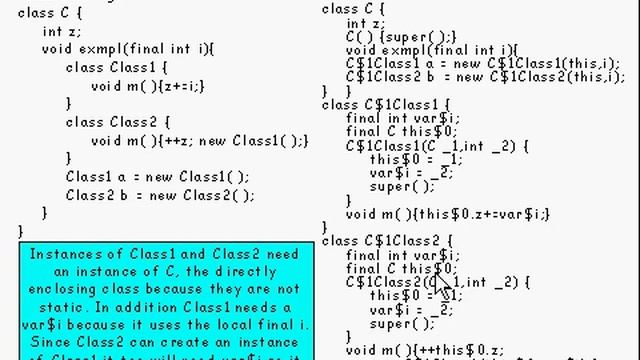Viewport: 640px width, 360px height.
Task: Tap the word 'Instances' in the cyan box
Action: click(x=62, y=254)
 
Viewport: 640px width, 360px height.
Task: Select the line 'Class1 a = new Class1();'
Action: click(x=158, y=177)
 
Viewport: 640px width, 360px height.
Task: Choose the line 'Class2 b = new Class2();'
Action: click(x=158, y=195)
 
